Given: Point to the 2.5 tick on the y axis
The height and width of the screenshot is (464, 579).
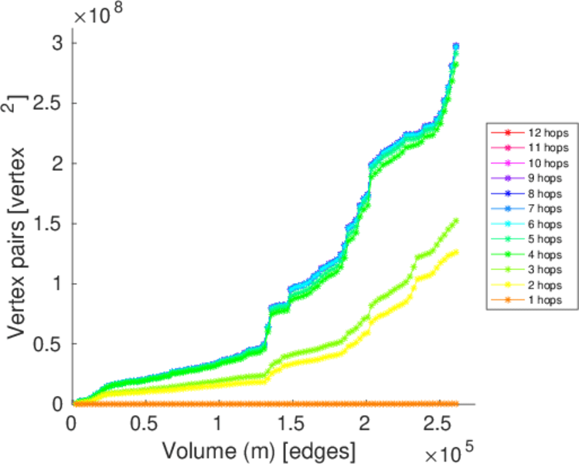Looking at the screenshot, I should click(x=53, y=103).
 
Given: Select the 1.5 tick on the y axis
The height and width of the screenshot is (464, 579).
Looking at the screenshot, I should click(x=53, y=223).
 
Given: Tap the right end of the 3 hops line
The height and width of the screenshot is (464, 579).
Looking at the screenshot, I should click(x=456, y=220).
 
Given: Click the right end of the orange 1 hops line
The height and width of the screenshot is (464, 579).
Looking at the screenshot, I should click(x=456, y=404).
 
